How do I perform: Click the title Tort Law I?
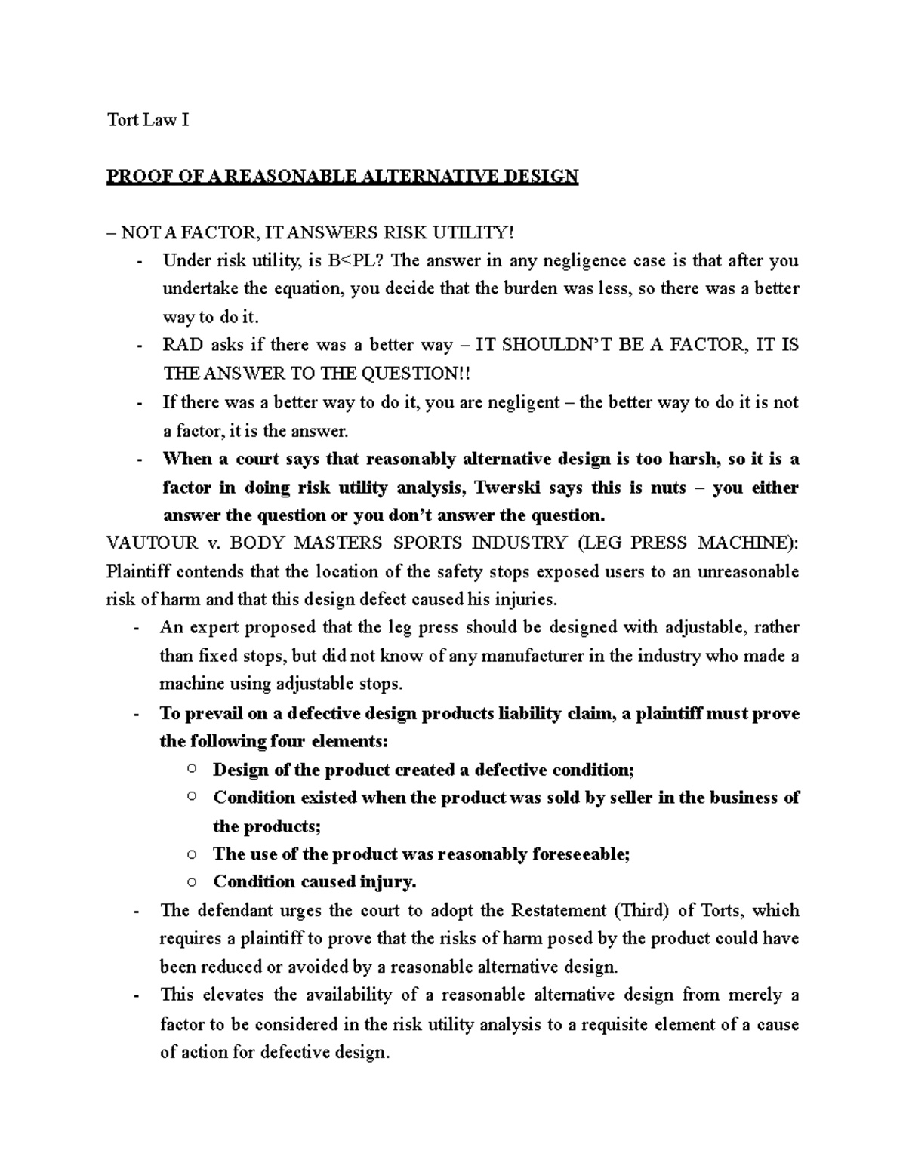point(147,120)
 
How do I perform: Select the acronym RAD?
point(183,346)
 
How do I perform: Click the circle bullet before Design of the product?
point(192,769)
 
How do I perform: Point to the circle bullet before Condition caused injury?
point(192,881)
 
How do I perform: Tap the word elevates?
point(235,995)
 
